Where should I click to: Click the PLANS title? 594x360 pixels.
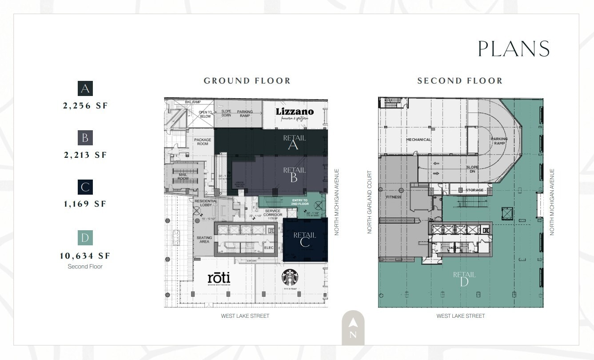pos(514,49)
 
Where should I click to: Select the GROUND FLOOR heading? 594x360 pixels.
pos(247,81)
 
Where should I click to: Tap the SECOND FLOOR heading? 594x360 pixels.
pos(460,81)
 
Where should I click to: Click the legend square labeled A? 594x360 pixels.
pos(85,89)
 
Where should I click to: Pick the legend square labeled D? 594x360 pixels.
pos(85,238)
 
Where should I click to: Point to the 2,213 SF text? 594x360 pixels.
pos(85,155)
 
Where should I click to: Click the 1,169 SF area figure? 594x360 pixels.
pos(85,204)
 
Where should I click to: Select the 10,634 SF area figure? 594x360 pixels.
pos(85,256)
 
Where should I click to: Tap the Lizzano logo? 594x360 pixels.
pos(295,112)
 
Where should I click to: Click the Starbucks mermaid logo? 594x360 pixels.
pos(290,278)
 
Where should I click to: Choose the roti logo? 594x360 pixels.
pos(219,279)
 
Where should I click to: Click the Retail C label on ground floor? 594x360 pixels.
pos(304,239)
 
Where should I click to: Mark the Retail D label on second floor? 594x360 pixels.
pos(464,279)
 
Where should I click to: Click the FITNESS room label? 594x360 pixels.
pos(393,197)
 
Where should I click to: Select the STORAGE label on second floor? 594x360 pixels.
pos(474,190)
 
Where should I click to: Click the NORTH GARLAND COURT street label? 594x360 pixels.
pos(370,202)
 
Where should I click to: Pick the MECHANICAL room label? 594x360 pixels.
pos(418,140)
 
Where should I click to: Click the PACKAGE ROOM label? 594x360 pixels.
pos(203,142)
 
